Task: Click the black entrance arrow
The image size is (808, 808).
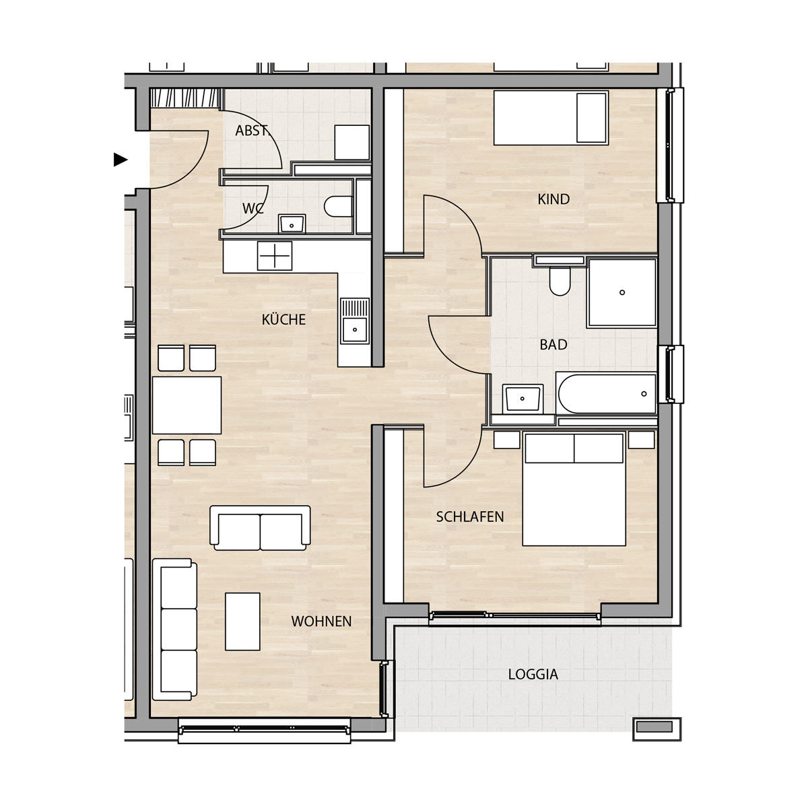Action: (x=120, y=160)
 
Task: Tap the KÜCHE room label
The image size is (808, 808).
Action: (x=284, y=320)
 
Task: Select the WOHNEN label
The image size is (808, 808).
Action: (x=322, y=621)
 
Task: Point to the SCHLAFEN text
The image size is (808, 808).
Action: (x=469, y=516)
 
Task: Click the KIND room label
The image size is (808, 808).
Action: (x=553, y=199)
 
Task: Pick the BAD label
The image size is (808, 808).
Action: (x=553, y=345)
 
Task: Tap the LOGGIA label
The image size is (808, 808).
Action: (x=533, y=674)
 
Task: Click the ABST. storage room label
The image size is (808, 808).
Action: (x=252, y=131)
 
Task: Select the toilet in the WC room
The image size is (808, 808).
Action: (x=338, y=206)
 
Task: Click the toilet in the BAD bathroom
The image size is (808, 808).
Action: (x=560, y=281)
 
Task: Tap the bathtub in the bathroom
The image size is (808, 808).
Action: (x=607, y=394)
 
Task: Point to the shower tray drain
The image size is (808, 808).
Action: (x=622, y=292)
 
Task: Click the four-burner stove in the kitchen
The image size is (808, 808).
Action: (x=275, y=256)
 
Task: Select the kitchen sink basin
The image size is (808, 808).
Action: (x=355, y=329)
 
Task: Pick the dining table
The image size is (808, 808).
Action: (x=187, y=405)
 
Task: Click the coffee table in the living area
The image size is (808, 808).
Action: (x=242, y=621)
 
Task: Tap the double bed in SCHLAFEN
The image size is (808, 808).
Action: (x=574, y=490)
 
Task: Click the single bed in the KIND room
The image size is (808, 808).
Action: (x=551, y=118)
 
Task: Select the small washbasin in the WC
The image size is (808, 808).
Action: (x=292, y=224)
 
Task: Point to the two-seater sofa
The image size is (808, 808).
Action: (x=260, y=528)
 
